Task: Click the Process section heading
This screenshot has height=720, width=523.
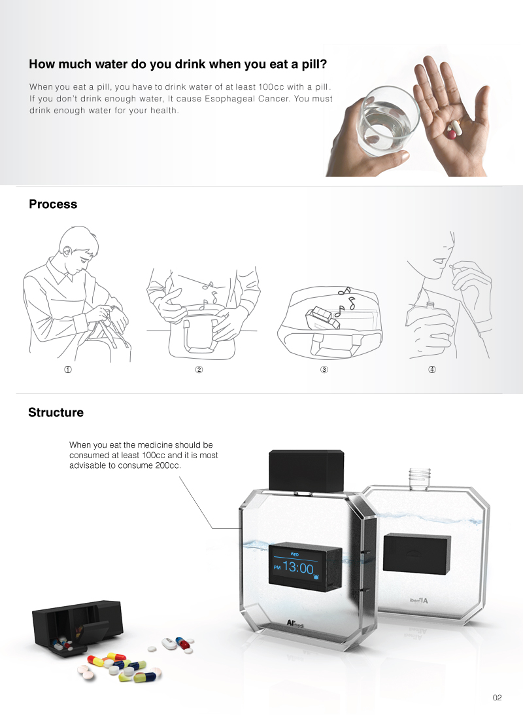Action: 53,204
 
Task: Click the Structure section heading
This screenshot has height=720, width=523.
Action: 56,412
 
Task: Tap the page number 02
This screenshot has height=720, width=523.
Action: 497,698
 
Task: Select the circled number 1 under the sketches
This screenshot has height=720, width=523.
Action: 67,370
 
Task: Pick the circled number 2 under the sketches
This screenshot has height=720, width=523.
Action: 199,370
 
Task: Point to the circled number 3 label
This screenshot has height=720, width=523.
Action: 324,370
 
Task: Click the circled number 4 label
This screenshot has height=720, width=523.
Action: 431,370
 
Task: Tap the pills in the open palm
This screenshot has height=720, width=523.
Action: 452,129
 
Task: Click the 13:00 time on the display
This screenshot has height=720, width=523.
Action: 297,568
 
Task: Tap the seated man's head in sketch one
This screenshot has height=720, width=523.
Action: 76,247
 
